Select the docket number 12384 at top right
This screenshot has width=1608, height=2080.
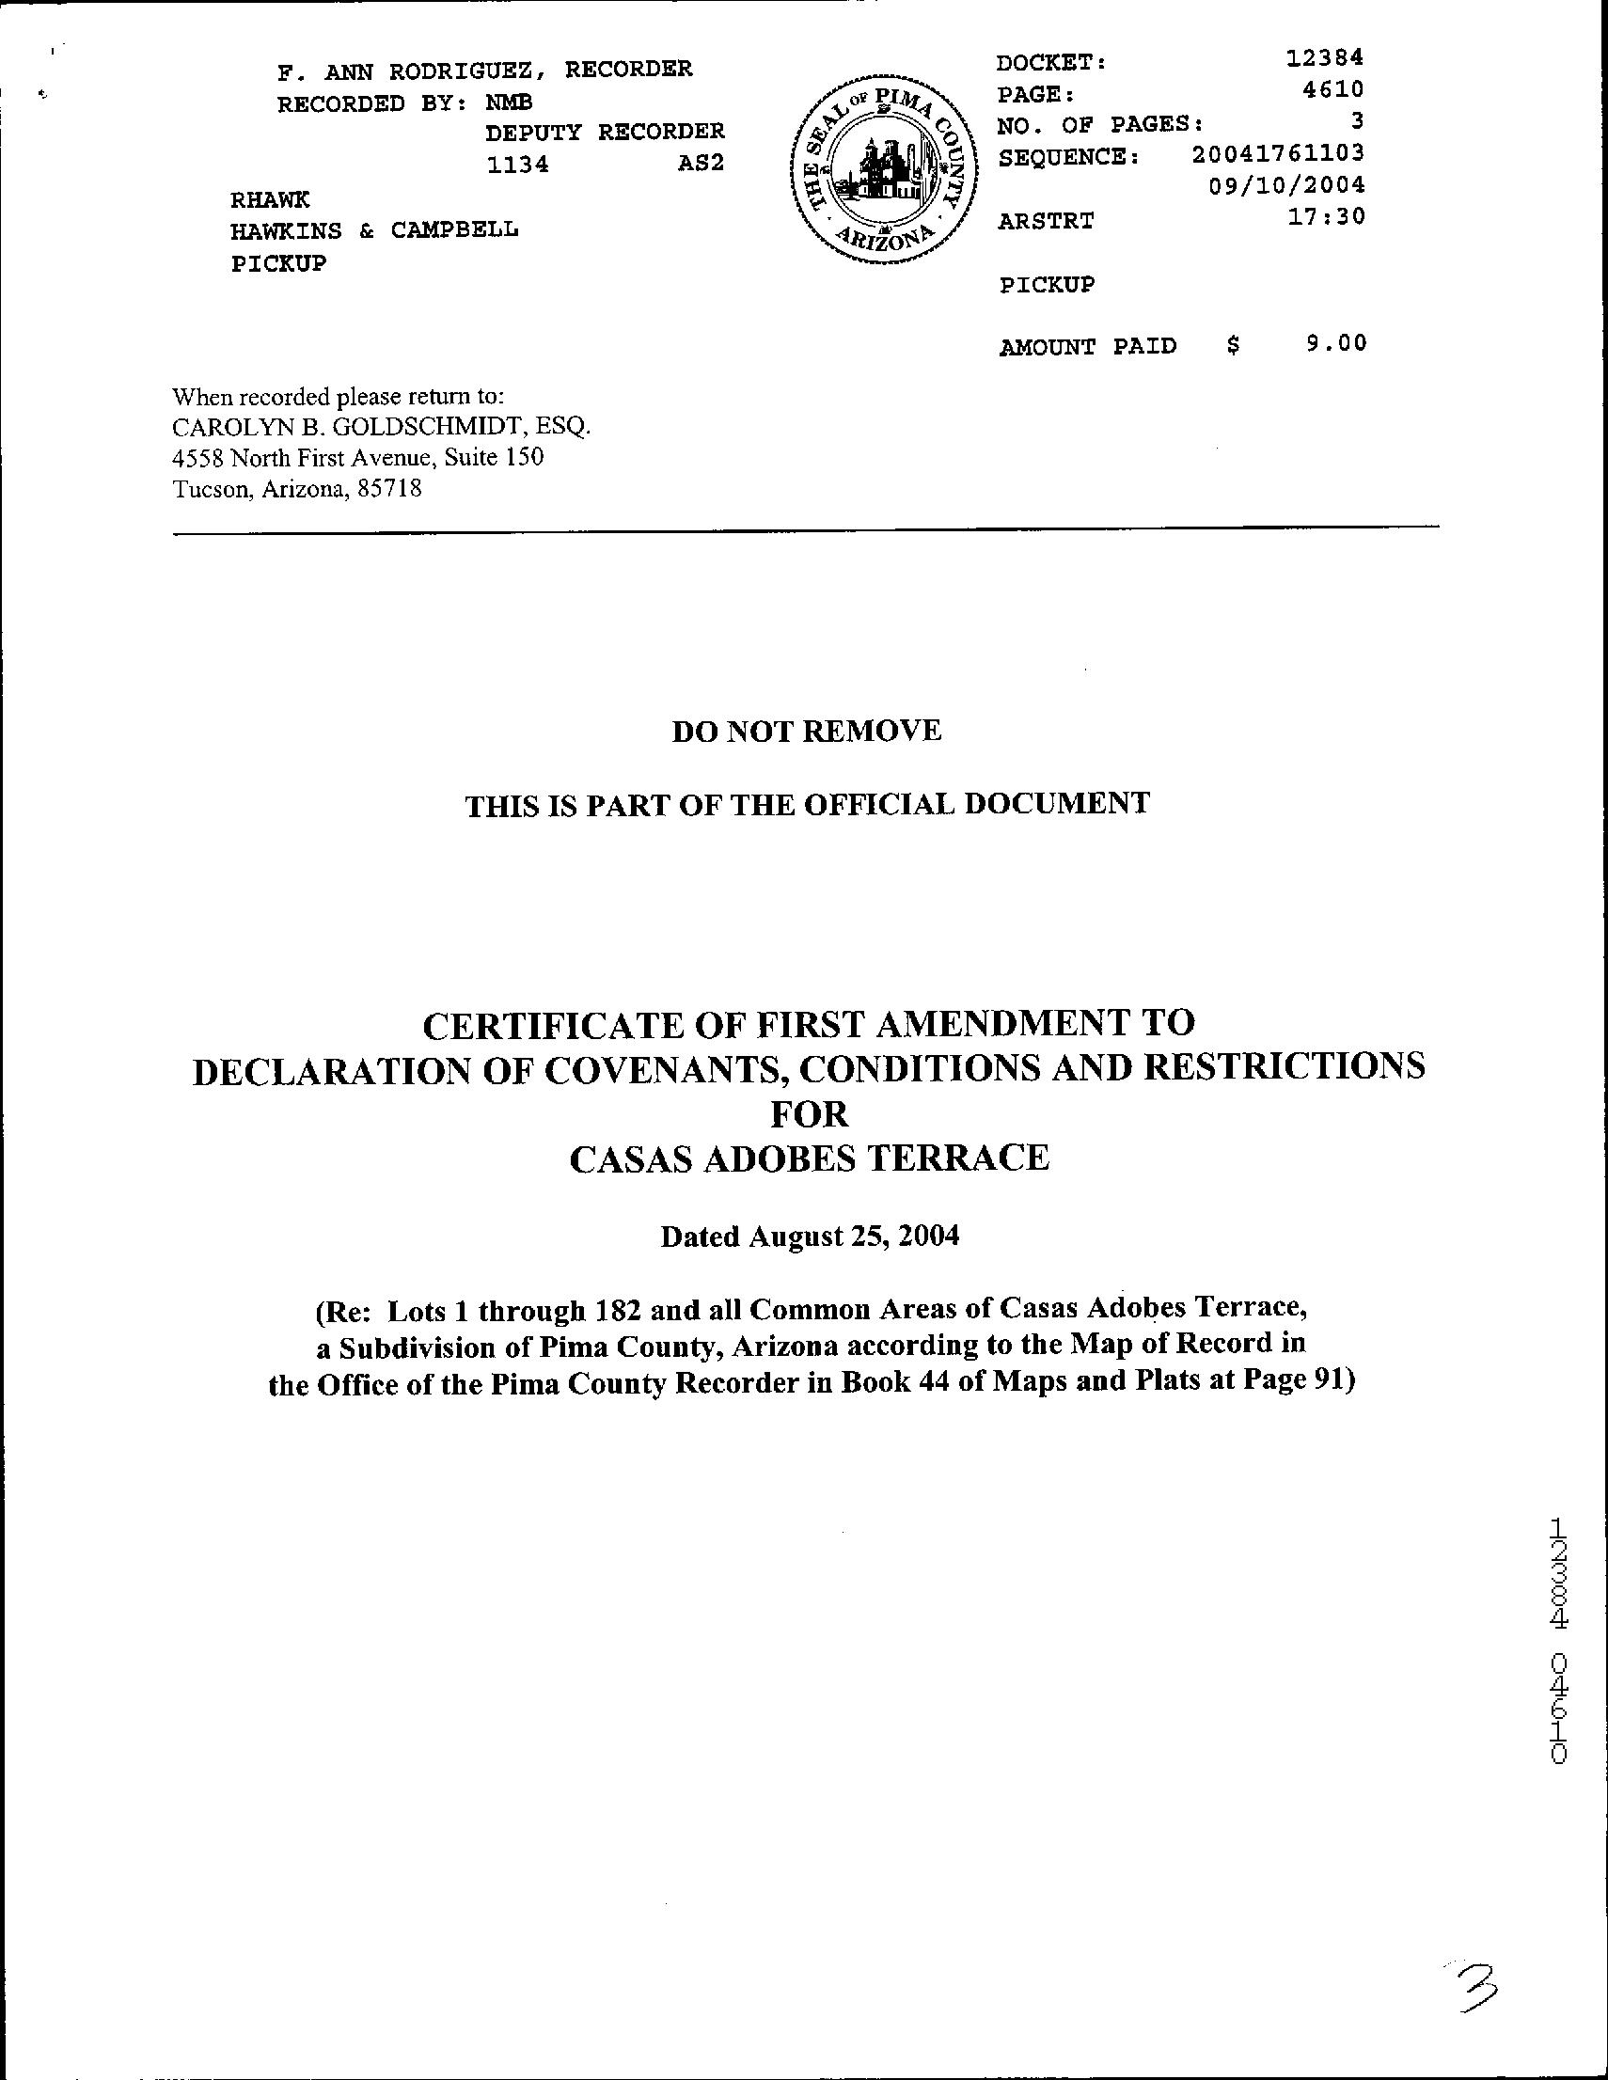click(x=1324, y=58)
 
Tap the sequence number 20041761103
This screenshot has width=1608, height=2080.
click(x=1276, y=152)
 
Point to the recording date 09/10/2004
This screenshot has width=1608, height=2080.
click(x=1286, y=183)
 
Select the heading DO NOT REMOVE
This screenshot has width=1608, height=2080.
click(x=806, y=731)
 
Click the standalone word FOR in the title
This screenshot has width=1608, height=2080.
click(x=809, y=1113)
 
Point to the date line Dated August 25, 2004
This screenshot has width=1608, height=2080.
click(x=810, y=1237)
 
